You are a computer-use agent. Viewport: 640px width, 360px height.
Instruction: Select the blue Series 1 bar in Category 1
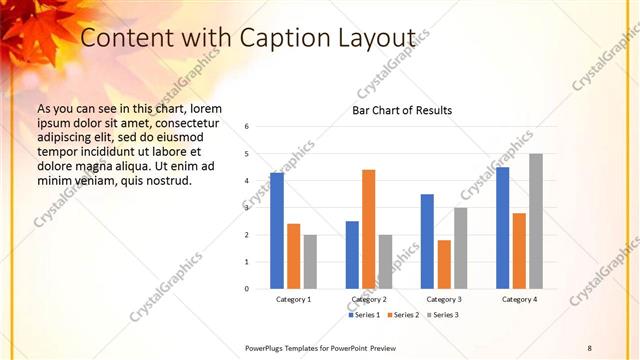(x=277, y=231)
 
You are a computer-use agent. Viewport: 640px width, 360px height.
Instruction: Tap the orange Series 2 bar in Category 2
(x=368, y=229)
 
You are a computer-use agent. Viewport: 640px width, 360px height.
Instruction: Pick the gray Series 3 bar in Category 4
(x=536, y=221)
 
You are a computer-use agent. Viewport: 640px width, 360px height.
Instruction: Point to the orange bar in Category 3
(x=444, y=264)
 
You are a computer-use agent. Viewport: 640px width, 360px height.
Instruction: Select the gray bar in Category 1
(x=310, y=262)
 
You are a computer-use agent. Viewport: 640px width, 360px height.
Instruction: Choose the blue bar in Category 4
(x=502, y=228)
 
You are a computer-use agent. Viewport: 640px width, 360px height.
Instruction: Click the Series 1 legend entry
(x=365, y=315)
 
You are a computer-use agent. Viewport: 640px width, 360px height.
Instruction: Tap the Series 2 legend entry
(x=402, y=315)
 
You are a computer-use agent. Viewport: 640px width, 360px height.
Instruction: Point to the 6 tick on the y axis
(x=247, y=127)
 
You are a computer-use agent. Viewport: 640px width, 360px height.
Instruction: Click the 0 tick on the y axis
(x=247, y=289)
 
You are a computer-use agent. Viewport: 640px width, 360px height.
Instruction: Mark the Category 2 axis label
(x=368, y=299)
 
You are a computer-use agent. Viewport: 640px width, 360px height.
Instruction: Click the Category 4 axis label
(x=519, y=299)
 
